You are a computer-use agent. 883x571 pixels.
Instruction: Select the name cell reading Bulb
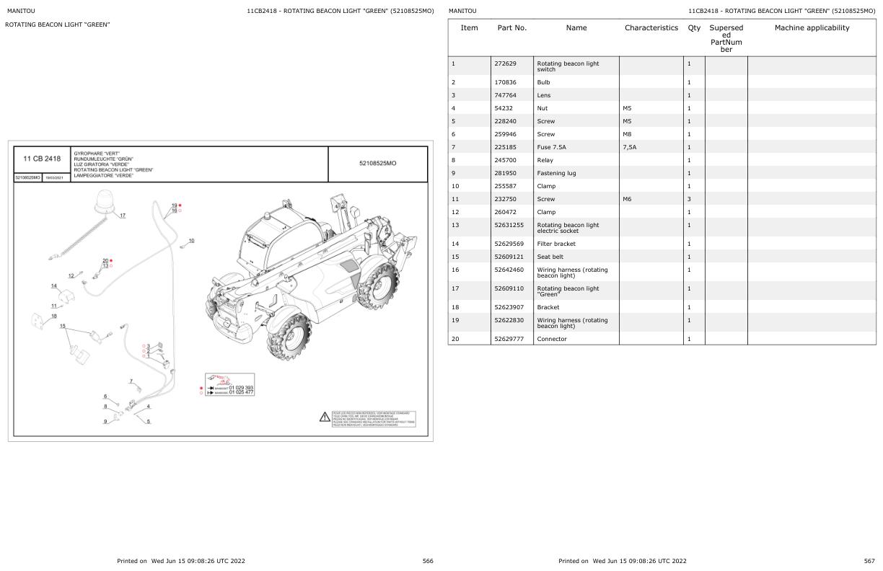point(543,82)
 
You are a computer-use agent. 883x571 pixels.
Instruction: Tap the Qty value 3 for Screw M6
point(689,199)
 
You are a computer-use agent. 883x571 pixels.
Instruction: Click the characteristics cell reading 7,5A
point(630,147)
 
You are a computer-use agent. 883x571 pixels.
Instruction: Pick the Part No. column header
point(511,28)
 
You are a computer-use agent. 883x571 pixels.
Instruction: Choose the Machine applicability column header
point(812,28)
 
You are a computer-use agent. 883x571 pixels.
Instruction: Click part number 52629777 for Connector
point(510,339)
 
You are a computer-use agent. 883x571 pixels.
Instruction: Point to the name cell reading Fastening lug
point(556,173)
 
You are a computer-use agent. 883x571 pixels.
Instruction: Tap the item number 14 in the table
point(454,244)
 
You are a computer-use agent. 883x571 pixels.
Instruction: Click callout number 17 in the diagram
point(123,216)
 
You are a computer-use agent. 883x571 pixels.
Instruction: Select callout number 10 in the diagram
point(191,240)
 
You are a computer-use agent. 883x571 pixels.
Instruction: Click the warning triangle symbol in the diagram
point(325,417)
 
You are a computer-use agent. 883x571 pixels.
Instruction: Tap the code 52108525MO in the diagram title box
point(377,164)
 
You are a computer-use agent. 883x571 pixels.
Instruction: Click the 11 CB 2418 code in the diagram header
point(42,159)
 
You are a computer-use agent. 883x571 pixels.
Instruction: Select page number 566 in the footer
point(428,561)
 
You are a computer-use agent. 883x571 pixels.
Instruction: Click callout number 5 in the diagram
point(148,422)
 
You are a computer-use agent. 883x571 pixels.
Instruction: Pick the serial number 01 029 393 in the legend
point(241,387)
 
